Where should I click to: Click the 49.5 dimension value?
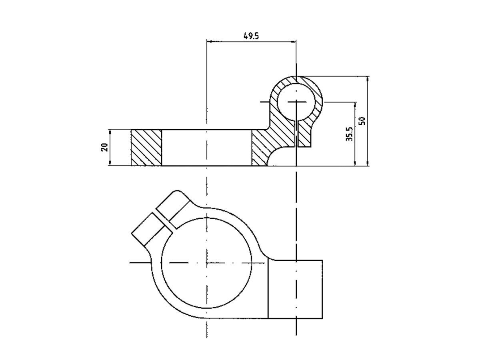pos(251,36)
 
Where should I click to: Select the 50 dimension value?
pos(362,121)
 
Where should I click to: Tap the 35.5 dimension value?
pos(349,134)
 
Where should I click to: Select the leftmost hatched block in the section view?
pos(146,147)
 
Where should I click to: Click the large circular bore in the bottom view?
pos(206,263)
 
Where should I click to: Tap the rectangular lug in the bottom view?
pos(295,289)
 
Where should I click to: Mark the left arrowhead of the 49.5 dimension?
pos(209,41)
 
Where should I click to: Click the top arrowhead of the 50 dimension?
pos(368,78)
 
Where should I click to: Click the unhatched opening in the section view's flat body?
pos(206,147)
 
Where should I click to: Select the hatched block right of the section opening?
pos(260,148)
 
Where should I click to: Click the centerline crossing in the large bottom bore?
pos(206,263)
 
